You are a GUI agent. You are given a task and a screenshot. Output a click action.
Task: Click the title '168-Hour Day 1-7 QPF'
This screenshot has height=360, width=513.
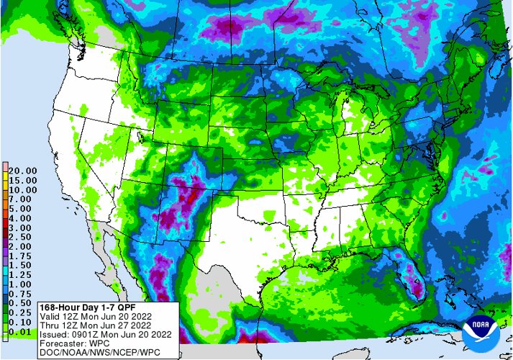(x=57, y=305)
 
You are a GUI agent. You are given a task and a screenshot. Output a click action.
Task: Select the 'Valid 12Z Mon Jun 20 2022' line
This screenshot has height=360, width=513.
(x=67, y=315)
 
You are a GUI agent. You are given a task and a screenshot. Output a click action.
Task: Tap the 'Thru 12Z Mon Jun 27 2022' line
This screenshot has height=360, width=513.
(x=67, y=324)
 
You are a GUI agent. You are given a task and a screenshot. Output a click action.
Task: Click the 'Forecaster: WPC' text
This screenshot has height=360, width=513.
(x=44, y=343)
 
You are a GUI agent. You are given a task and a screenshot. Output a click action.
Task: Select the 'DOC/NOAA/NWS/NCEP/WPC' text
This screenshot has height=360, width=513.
(x=68, y=352)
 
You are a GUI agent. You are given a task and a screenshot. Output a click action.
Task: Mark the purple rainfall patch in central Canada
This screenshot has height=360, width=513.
(x=230, y=29)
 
